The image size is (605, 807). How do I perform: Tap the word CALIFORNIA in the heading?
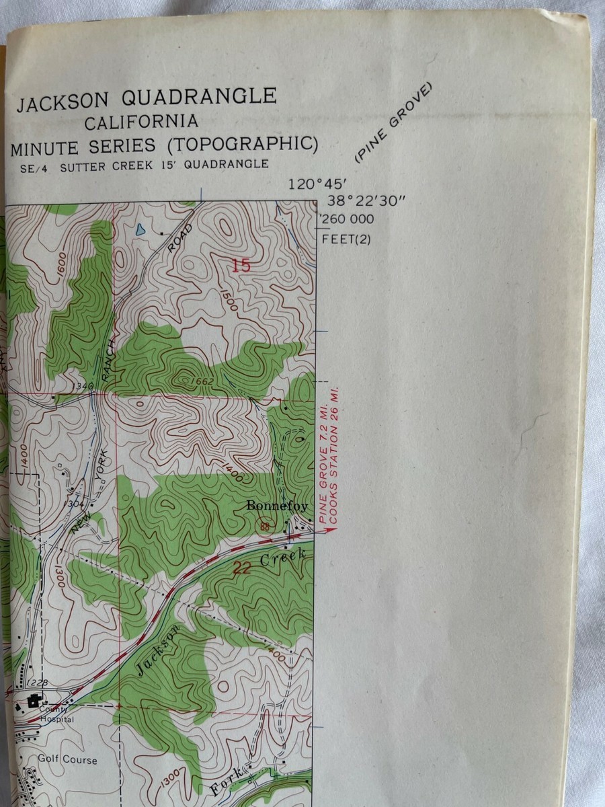[x=141, y=122]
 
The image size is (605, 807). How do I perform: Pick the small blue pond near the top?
[x=140, y=229]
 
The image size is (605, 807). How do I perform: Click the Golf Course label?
[x=67, y=760]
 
